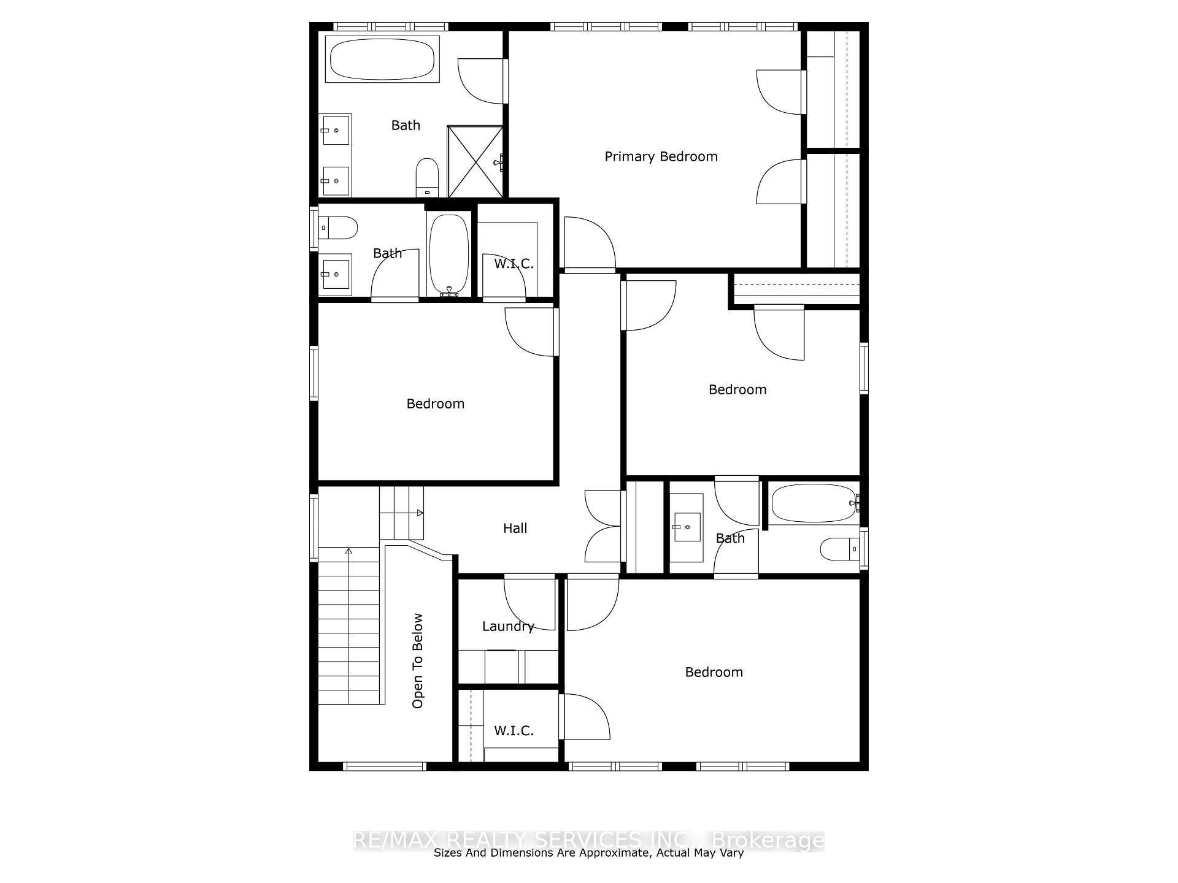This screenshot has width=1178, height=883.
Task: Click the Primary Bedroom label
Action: tap(661, 157)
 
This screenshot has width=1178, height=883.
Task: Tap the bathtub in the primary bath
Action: tap(382, 59)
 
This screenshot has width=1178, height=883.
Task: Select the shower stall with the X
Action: tap(475, 162)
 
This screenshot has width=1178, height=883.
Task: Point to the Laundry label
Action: tap(507, 627)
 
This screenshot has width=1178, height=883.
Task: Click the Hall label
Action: tap(515, 529)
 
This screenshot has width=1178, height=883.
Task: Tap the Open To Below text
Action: tap(418, 661)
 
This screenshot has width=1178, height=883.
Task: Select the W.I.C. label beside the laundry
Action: tap(514, 731)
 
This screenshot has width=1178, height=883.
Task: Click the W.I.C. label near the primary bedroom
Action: tap(514, 264)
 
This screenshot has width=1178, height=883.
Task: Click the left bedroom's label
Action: tap(435, 404)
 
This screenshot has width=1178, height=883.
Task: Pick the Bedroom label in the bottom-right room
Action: tap(714, 673)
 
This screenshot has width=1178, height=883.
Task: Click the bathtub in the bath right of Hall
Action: tap(814, 503)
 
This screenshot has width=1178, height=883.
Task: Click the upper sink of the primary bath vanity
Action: tap(335, 130)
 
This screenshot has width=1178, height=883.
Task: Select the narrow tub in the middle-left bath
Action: tap(448, 253)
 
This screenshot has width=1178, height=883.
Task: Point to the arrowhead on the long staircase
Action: tap(348, 551)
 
